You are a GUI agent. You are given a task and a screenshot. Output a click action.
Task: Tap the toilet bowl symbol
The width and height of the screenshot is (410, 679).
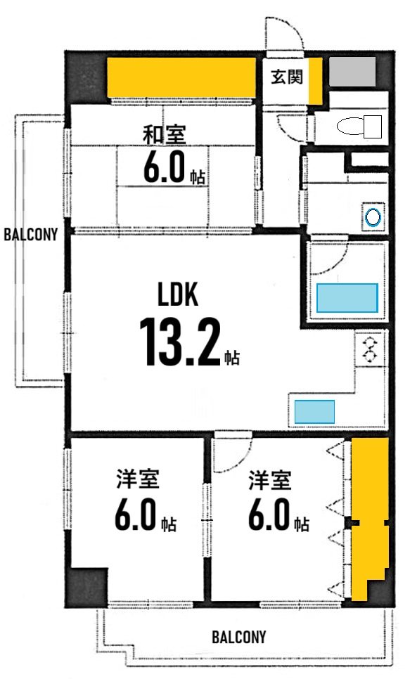359,127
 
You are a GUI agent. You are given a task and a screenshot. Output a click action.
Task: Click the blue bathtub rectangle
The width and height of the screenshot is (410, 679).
347,297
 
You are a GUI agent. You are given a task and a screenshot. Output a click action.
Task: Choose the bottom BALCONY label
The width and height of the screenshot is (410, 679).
239,637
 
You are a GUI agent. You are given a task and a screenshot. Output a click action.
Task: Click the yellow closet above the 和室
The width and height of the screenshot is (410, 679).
181,79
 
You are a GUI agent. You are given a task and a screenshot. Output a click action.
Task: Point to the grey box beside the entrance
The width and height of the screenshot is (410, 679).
352,72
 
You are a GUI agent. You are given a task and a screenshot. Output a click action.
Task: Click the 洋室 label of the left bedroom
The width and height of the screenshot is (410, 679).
137,481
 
